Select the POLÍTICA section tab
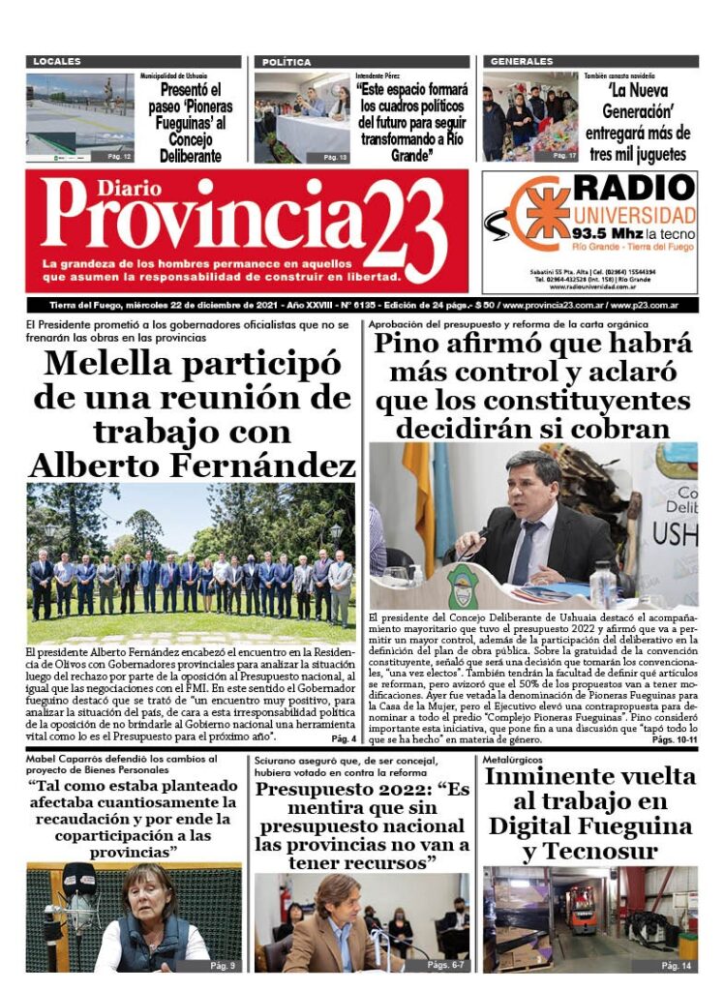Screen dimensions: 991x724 pos(287,62)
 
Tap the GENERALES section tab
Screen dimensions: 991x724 pos(522,62)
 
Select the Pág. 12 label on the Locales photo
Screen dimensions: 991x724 pos(119,156)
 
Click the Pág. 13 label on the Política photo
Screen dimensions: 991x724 pos(336,156)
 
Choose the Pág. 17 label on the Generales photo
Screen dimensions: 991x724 pos(564,155)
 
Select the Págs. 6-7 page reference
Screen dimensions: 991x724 pos(446,965)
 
